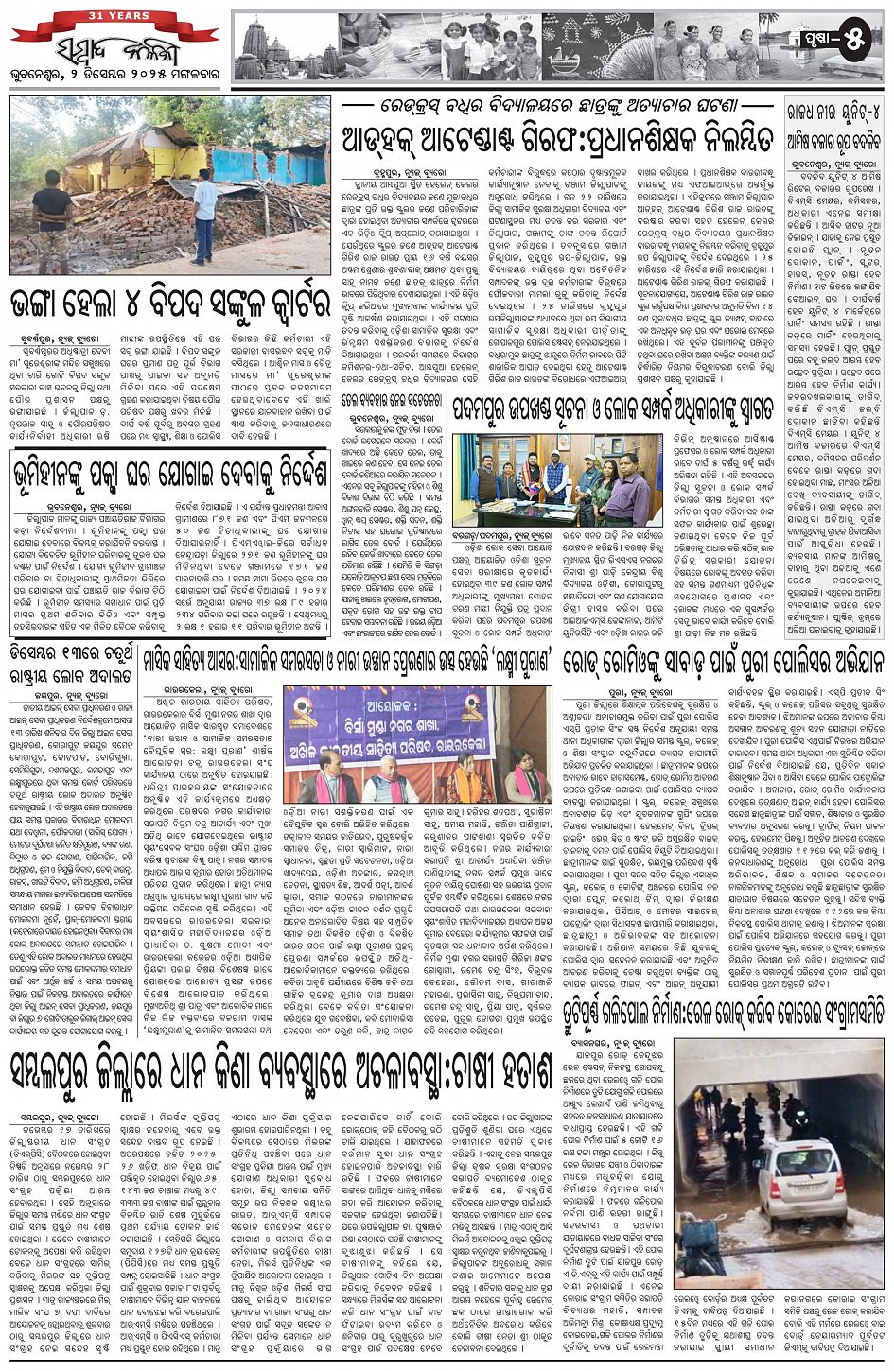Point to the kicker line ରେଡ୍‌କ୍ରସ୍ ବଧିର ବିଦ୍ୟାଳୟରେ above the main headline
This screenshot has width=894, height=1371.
click(x=556, y=105)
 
